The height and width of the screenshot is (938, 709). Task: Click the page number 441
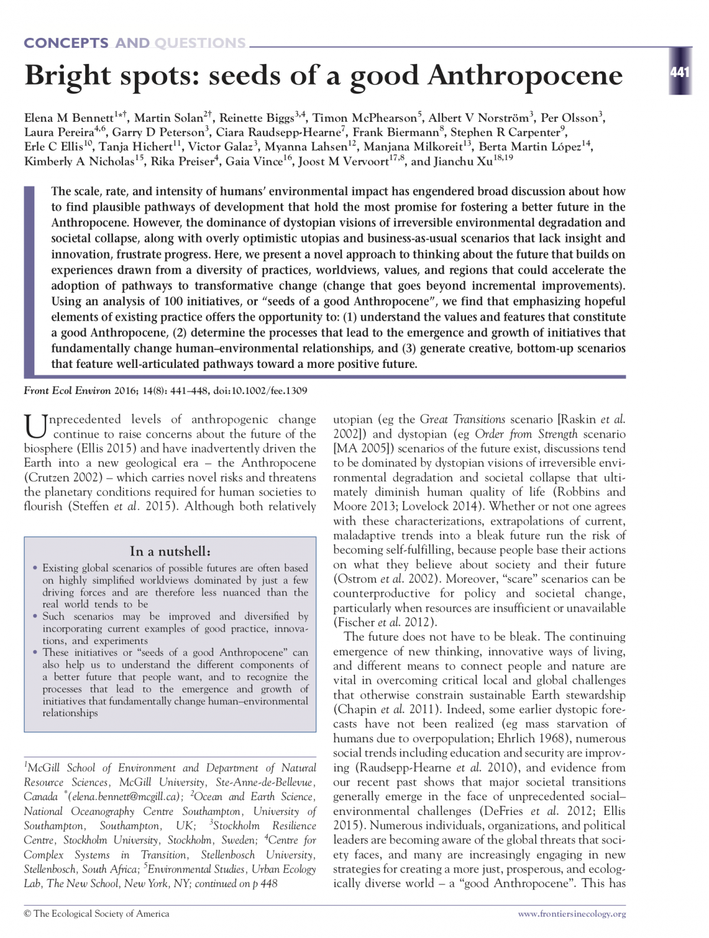coord(679,73)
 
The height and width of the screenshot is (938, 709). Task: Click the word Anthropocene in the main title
coord(525,76)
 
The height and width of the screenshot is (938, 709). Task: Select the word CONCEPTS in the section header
coord(66,43)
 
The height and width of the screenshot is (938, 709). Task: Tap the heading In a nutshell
coord(170,551)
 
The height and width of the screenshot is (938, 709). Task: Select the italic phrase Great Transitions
coord(462,420)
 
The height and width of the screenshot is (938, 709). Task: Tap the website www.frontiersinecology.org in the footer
coord(571,914)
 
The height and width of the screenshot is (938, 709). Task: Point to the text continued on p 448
coord(236,884)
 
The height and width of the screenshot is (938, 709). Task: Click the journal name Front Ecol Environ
coord(60,390)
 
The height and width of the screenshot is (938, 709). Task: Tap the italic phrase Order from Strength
coord(527,434)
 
